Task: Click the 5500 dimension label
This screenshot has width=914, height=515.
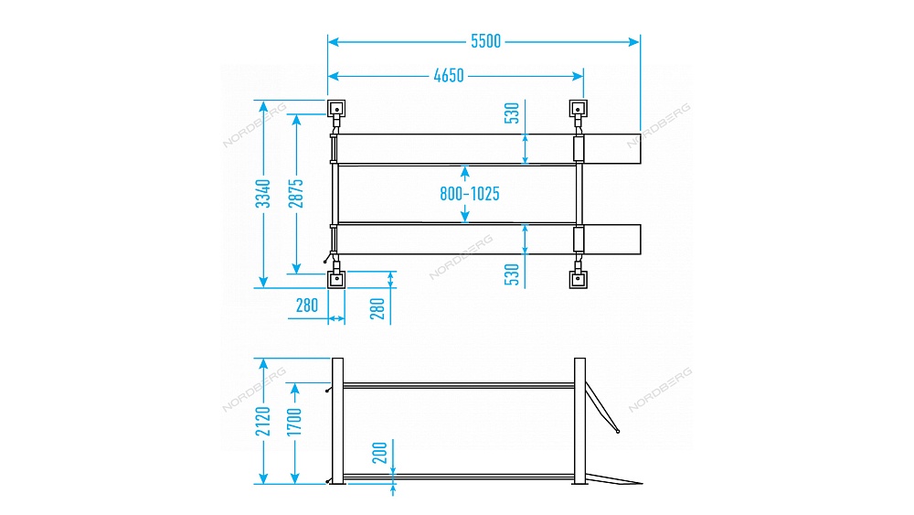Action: coord(485,41)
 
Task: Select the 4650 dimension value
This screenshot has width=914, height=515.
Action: coord(449,76)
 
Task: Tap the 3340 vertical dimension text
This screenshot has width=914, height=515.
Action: coord(263,194)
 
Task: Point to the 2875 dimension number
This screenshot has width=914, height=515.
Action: coord(296,194)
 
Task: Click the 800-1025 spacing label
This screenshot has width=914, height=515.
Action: coord(470,194)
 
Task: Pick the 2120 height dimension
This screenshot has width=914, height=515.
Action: coord(263,421)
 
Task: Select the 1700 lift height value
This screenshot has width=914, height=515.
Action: coord(295,422)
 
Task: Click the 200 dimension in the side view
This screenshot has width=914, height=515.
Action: coord(380,453)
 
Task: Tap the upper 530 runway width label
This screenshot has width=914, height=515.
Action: coord(512,113)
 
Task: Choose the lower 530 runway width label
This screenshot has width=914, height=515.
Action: coord(512,274)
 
